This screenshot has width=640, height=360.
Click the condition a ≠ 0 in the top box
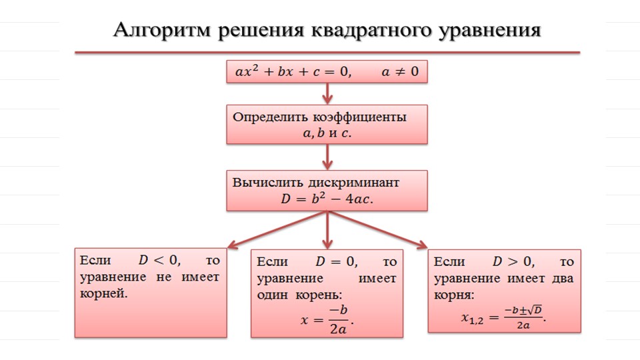pyautogui.click(x=400, y=72)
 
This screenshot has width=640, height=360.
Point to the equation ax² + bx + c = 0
pyautogui.click(x=293, y=71)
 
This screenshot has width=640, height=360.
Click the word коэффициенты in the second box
pyautogui.click(x=359, y=117)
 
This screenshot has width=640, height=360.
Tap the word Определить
pyautogui.click(x=270, y=117)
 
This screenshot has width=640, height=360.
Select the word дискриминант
pyautogui.click(x=353, y=183)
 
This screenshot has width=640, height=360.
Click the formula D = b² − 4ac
pyautogui.click(x=327, y=199)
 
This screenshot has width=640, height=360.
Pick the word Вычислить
pyautogui.click(x=267, y=183)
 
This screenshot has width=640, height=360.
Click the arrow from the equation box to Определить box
pyautogui.click(x=327, y=93)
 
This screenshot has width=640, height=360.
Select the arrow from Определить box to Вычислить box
pyautogui.click(x=327, y=157)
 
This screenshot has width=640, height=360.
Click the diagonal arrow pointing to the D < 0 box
pyautogui.click(x=277, y=229)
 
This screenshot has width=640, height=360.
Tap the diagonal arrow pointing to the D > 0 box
pyautogui.click(x=377, y=229)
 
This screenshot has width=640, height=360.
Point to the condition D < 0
pyautogui.click(x=159, y=260)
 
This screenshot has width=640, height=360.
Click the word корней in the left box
pyautogui.click(x=104, y=293)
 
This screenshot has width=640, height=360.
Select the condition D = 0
pyautogui.click(x=336, y=261)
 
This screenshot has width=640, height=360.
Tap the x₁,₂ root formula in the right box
pyautogui.click(x=504, y=317)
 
